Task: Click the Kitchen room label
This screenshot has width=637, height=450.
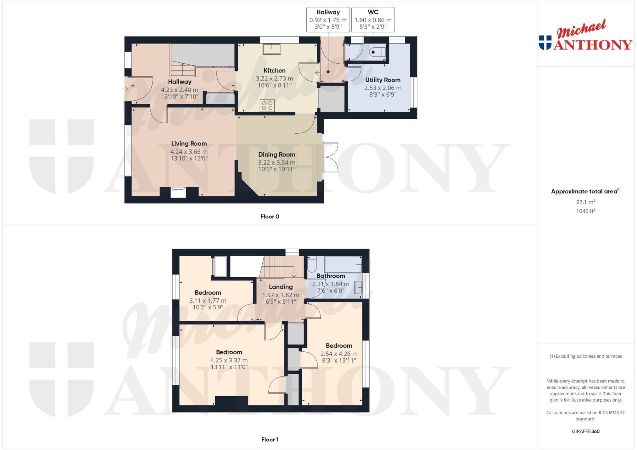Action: (274, 71)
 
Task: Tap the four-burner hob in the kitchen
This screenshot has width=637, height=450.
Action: (267, 106)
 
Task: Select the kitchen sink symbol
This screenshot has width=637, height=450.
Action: (272, 49)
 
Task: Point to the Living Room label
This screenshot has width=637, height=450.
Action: (189, 144)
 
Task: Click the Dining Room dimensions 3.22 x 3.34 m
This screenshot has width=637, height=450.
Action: (277, 162)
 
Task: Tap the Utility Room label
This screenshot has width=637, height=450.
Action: (383, 80)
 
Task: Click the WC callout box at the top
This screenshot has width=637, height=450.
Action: (373, 19)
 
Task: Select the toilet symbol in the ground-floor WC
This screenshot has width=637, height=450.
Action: (377, 52)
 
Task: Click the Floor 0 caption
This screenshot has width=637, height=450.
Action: (270, 216)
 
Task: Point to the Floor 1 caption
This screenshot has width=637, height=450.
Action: (270, 439)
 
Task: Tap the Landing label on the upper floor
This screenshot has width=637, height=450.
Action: (281, 287)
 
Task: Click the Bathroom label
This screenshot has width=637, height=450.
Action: (331, 276)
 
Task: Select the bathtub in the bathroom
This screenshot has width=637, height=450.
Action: (343, 264)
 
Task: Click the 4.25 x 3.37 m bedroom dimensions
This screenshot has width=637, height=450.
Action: (229, 360)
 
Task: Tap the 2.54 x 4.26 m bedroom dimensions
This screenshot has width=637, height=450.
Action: (339, 354)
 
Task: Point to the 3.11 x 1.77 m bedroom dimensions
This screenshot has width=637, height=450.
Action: (208, 301)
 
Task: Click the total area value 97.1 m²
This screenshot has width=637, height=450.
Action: (585, 202)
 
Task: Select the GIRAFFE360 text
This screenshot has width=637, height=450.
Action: (585, 431)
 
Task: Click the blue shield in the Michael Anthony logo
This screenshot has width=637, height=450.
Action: (545, 43)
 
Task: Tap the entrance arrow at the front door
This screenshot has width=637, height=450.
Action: (125, 89)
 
